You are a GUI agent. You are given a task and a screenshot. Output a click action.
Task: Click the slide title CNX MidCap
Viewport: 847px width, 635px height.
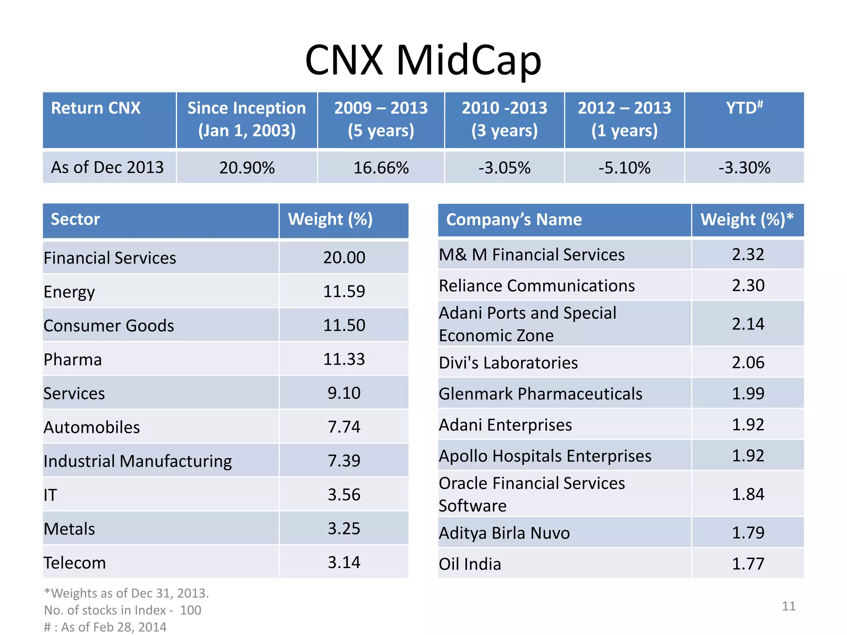pyautogui.click(x=423, y=61)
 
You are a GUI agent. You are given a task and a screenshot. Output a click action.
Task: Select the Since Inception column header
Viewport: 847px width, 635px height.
pyautogui.click(x=246, y=119)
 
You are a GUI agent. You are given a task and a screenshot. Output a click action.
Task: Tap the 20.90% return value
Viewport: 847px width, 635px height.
pyautogui.click(x=247, y=168)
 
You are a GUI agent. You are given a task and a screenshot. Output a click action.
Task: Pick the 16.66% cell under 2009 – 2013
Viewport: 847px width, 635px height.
pyautogui.click(x=381, y=168)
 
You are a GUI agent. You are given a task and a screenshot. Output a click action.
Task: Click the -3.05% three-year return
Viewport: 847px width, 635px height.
pyautogui.click(x=504, y=168)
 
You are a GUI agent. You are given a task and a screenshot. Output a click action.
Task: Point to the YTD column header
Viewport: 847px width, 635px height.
pyautogui.click(x=744, y=108)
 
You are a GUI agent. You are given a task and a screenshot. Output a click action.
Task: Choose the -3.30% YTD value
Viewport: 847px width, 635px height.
pyautogui.click(x=744, y=168)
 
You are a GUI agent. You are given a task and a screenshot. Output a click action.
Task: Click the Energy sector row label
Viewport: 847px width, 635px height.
pyautogui.click(x=69, y=292)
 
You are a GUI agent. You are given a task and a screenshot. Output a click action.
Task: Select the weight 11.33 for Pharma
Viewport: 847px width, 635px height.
pyautogui.click(x=344, y=359)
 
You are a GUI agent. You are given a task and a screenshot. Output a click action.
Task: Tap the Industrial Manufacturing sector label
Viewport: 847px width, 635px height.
pyautogui.click(x=138, y=461)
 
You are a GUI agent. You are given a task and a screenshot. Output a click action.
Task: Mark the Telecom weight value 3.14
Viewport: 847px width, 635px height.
pyautogui.click(x=344, y=563)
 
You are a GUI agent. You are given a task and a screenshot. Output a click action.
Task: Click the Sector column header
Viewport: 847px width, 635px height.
pyautogui.click(x=75, y=220)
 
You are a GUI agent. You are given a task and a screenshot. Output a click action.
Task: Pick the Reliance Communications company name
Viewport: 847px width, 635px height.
pyautogui.click(x=536, y=286)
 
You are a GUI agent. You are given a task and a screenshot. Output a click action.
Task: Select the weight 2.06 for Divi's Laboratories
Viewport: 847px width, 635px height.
pyautogui.click(x=748, y=363)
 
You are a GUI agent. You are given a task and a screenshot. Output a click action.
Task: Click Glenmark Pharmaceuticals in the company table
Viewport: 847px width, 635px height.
pyautogui.click(x=540, y=394)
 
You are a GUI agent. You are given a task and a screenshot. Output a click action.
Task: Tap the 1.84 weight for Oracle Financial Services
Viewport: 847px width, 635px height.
pyautogui.click(x=748, y=494)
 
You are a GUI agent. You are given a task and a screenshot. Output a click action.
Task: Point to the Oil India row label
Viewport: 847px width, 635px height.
pyautogui.click(x=470, y=564)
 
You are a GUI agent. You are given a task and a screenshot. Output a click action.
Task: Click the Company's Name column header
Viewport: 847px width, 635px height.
pyautogui.click(x=514, y=220)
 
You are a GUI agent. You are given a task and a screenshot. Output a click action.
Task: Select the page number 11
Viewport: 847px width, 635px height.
pyautogui.click(x=788, y=606)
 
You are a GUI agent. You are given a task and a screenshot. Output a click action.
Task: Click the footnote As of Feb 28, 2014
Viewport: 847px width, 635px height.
pyautogui.click(x=105, y=627)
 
